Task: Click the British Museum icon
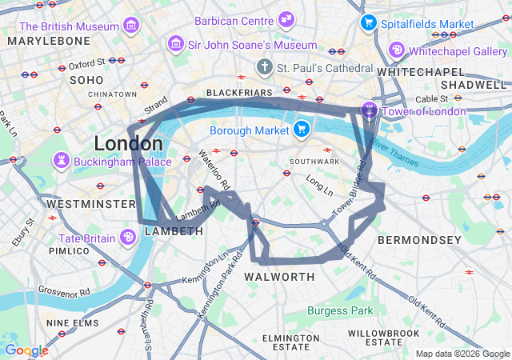coord(130,26)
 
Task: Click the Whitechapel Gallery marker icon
coord(396,50)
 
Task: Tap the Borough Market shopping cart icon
coord(302,129)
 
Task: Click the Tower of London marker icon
coord(369,110)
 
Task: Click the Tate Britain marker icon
coord(127,237)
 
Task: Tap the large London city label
coord(129,144)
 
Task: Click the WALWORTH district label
coord(279,277)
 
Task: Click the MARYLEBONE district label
coord(50,40)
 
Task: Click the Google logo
coord(26,350)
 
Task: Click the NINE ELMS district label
coord(74,322)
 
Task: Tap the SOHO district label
coord(87,80)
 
